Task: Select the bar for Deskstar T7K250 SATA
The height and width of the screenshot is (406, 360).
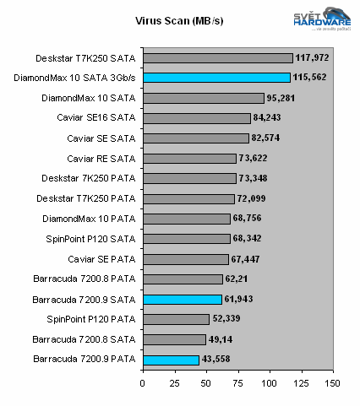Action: [x=217, y=58]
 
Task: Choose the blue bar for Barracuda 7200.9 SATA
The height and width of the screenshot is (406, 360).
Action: [x=182, y=299]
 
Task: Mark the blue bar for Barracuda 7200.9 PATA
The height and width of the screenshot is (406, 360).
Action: [x=171, y=360]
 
